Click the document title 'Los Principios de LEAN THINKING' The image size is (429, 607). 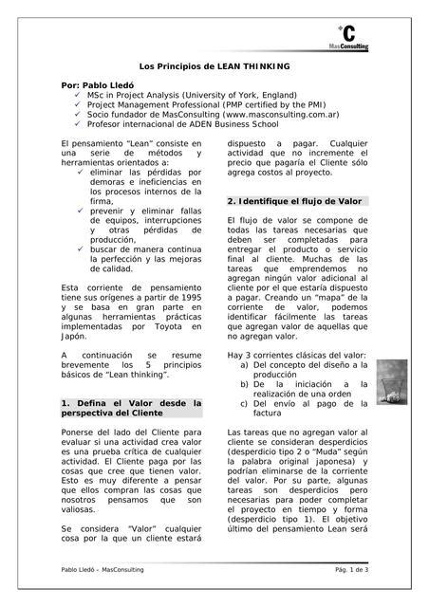214,66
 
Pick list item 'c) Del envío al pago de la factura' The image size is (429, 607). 302,408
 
